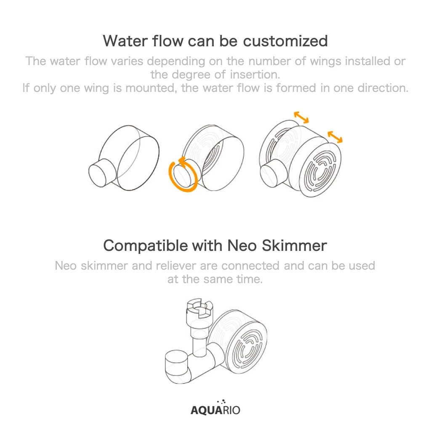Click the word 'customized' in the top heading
coord(285,42)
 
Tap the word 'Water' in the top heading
coord(125,41)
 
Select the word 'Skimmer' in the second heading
coord(294,245)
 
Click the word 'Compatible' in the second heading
coord(146,246)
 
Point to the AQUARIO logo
coord(215,407)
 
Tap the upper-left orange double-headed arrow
coord(301,117)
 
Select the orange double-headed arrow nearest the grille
coord(335,137)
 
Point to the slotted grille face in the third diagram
coord(320,170)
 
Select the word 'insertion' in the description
coord(253,74)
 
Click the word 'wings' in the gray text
coord(326,61)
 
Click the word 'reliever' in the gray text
coord(176,266)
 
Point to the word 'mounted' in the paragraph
coord(150,88)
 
